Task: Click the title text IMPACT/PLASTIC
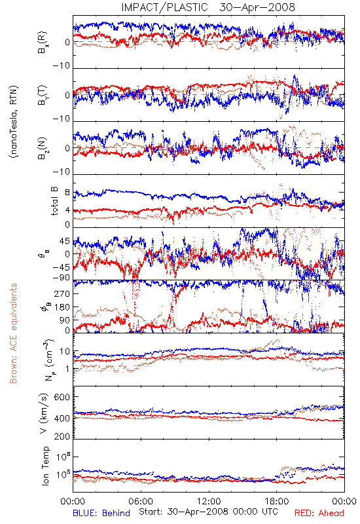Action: pos(165,7)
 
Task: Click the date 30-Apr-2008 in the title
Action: pos(257,7)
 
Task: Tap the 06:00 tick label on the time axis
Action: pos(141,501)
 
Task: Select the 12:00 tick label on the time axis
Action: pos(209,501)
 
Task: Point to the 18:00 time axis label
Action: pos(277,501)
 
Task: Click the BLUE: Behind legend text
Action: pos(101,513)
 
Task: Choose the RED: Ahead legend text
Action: pos(319,513)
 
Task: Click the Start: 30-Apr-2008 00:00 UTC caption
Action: pos(208,512)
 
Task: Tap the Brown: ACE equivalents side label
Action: pos(13,333)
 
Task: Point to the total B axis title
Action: pos(54,201)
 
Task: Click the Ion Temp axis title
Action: pos(45,466)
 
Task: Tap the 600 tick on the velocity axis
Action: pos(62,397)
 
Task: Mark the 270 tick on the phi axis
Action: pos(62,293)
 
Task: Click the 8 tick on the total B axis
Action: pos(67,193)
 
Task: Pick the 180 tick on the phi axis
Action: pos(62,307)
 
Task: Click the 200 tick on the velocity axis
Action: pos(62,436)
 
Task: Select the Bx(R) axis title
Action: pos(43,43)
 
